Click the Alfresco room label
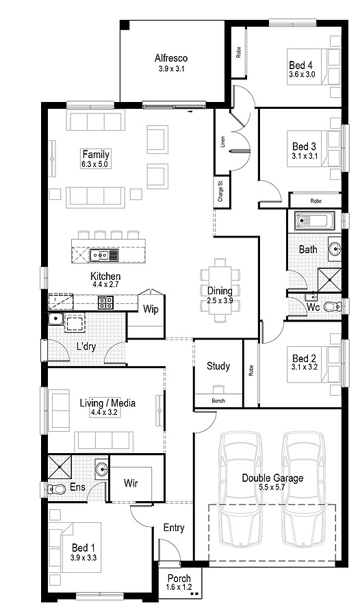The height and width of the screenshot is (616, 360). [x=170, y=58]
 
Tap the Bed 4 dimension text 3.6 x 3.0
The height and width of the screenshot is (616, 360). [x=301, y=75]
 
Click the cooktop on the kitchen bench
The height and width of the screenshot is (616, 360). [x=105, y=302]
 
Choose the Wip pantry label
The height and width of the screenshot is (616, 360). [x=151, y=309]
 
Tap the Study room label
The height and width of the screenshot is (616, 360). [x=218, y=366]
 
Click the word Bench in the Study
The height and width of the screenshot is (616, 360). [x=218, y=400]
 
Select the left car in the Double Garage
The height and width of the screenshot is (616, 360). [x=240, y=489]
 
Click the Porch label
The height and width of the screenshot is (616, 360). [x=179, y=578]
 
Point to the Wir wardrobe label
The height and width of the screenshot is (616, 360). [x=131, y=483]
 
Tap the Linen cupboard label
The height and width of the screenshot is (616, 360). [x=222, y=142]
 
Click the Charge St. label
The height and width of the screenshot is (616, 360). [x=220, y=192]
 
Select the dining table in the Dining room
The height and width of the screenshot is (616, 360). [x=220, y=291]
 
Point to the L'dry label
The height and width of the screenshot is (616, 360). [x=86, y=346]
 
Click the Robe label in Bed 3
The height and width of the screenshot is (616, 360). [x=316, y=201]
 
